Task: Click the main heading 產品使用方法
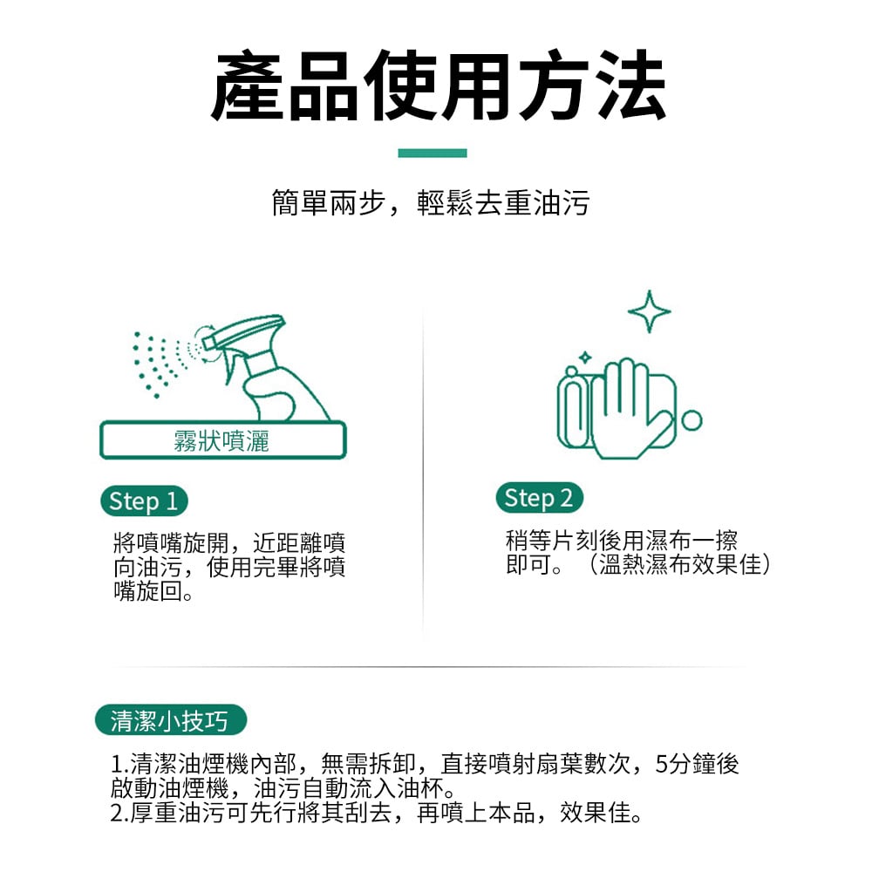439,85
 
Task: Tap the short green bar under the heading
433,153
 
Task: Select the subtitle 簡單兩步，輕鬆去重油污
431,202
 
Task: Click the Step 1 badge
144,501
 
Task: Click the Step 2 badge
539,498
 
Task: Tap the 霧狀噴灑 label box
222,440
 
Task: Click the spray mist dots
161,363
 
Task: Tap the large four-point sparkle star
649,311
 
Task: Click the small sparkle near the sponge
585,357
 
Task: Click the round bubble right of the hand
691,420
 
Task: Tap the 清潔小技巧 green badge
170,720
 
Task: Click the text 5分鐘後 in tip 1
697,764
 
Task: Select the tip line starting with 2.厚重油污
377,813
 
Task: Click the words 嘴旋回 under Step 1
148,590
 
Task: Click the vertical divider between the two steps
423,473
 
